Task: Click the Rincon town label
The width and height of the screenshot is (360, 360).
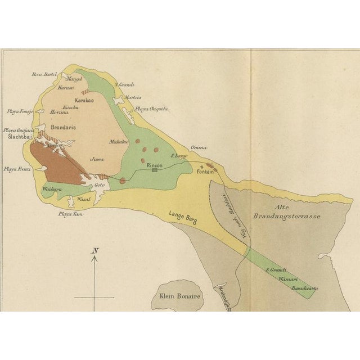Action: tap(154, 165)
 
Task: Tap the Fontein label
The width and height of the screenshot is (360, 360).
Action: tap(205, 172)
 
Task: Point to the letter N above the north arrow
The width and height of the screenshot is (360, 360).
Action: tap(95, 250)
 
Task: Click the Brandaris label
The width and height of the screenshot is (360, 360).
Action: tap(63, 128)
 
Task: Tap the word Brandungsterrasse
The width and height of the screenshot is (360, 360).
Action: tap(280, 215)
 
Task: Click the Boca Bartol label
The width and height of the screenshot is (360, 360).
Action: tap(44, 74)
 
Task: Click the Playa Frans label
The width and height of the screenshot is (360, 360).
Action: tap(16, 169)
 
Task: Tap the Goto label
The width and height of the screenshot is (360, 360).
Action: tap(100, 184)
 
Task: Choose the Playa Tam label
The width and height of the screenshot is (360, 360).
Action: tap(70, 213)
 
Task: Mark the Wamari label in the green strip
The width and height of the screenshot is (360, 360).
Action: tap(288, 278)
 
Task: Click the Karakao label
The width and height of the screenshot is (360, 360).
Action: tap(84, 100)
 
